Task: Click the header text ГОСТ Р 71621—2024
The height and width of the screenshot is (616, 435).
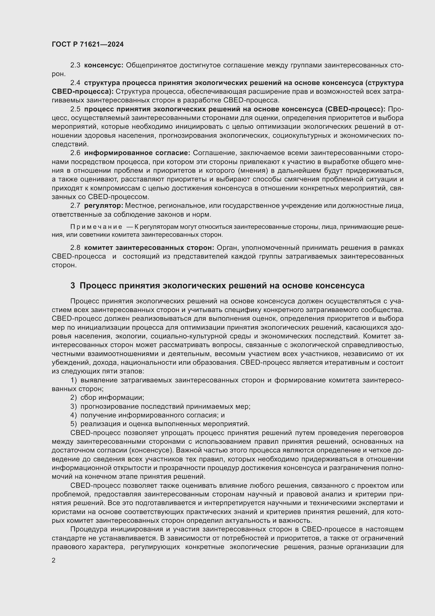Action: (x=88, y=45)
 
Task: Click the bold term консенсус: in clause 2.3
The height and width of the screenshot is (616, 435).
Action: (x=103, y=65)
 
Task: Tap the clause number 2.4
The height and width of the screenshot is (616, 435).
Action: (x=75, y=83)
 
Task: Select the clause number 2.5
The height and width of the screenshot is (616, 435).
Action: (x=75, y=109)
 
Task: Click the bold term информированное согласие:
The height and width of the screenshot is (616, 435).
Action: (x=137, y=153)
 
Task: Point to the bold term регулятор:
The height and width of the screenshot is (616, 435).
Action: (x=103, y=206)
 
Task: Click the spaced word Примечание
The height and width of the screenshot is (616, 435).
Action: (x=96, y=227)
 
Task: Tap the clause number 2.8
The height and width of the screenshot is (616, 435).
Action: (x=75, y=248)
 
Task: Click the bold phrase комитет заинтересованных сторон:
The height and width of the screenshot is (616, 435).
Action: (x=149, y=248)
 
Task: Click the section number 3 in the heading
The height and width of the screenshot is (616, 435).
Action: (x=73, y=286)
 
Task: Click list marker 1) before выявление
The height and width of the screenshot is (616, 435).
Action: (x=74, y=380)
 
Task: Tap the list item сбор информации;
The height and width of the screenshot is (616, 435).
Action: (x=112, y=398)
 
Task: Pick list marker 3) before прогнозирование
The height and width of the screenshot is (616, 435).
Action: (x=74, y=406)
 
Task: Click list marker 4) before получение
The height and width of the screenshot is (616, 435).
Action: (x=74, y=415)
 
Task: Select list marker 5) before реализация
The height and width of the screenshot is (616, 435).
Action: (x=74, y=424)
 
